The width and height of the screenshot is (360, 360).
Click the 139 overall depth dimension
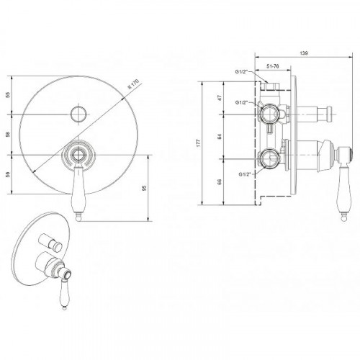[304, 53]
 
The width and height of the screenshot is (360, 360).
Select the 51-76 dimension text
[273, 66]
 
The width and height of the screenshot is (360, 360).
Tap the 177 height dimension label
[199, 143]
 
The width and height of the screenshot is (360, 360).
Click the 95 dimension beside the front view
[144, 188]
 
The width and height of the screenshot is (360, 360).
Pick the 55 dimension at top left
[8, 95]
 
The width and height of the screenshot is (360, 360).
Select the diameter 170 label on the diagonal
[133, 84]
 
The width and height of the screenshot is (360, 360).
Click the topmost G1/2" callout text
[241, 72]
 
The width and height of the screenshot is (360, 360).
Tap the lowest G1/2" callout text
[245, 174]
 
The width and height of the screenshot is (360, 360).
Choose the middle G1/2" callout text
[241, 102]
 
